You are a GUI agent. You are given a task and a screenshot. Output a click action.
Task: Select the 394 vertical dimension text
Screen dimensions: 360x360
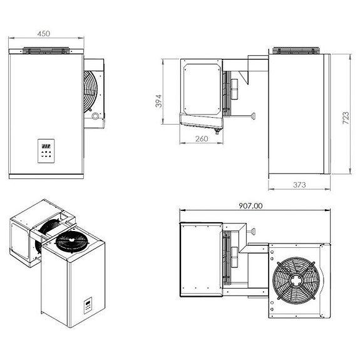pos(158,101)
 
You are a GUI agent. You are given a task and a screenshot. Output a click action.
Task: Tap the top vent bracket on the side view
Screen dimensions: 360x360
pos(296,49)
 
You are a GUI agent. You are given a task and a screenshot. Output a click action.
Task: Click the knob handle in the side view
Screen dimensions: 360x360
pos(254,115)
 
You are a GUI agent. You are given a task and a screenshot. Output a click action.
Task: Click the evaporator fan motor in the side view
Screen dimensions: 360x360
pos(234,89)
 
